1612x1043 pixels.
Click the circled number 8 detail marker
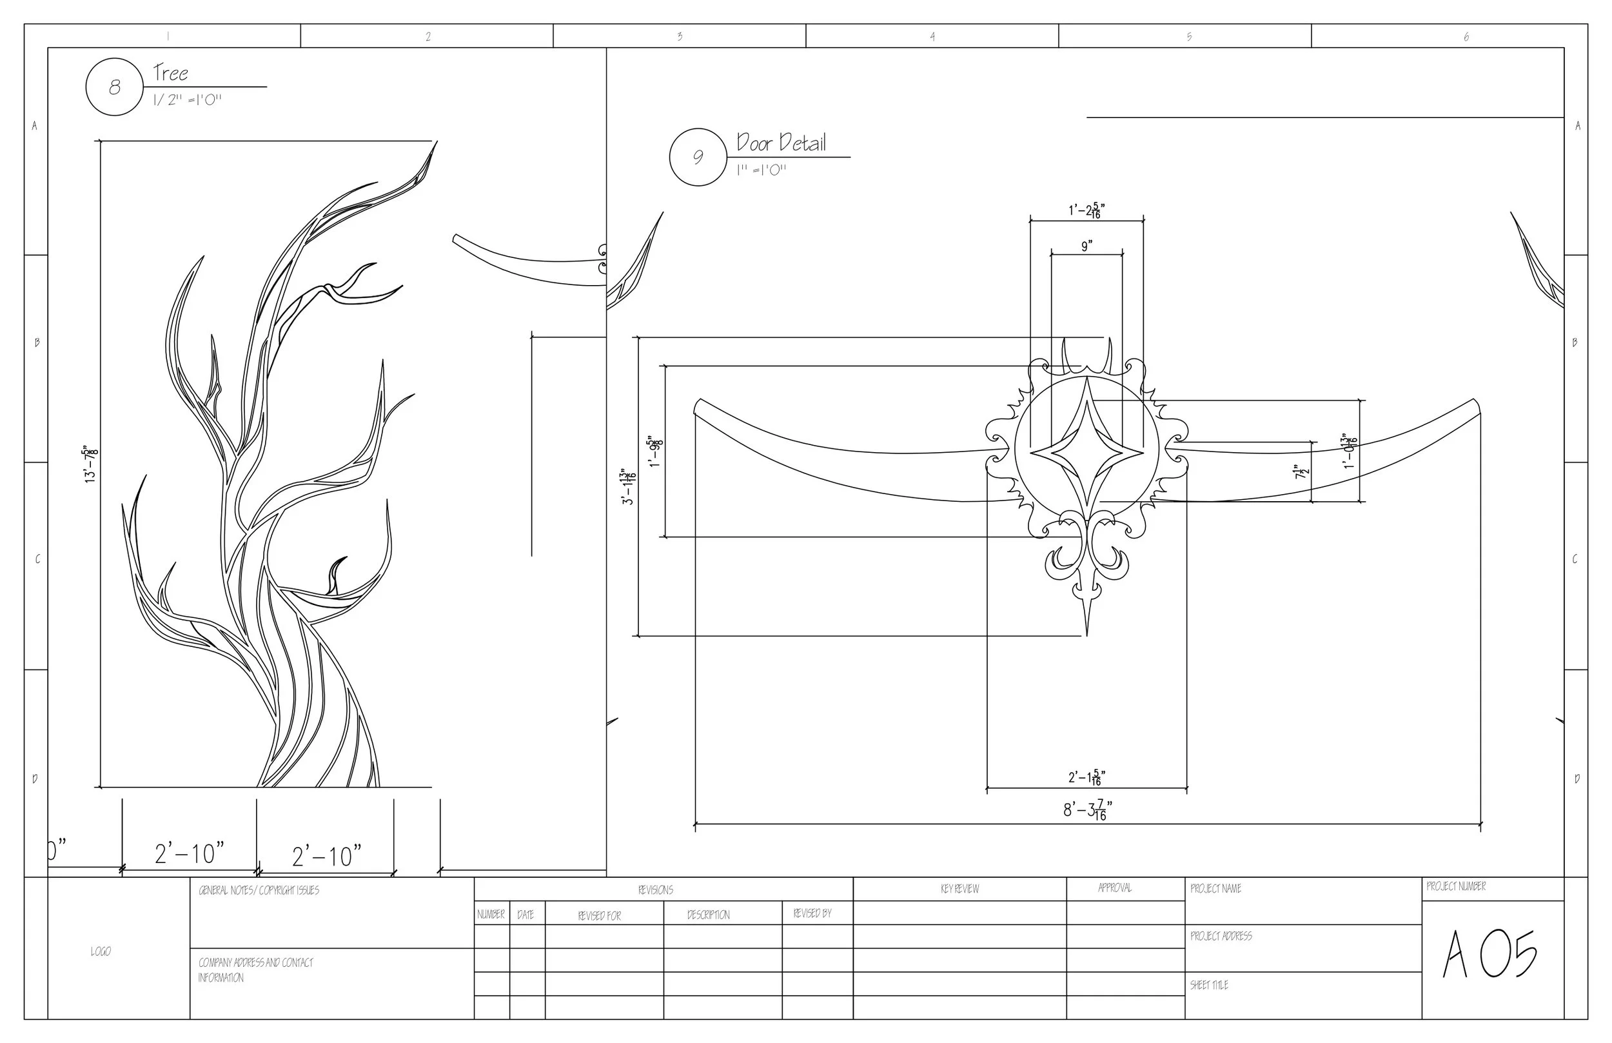coord(114,86)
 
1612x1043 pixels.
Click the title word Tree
coord(170,72)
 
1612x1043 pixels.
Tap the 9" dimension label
coord(1086,246)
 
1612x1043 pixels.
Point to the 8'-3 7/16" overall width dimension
coord(1086,810)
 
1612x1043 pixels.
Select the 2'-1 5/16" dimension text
coord(1086,777)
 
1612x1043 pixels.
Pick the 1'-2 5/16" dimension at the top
coord(1086,211)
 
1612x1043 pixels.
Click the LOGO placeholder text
coord(100,951)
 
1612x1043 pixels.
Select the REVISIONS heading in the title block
coord(655,890)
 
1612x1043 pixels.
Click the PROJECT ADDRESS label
coord(1221,936)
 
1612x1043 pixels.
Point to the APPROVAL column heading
coord(1114,888)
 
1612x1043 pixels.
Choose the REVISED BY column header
coord(812,913)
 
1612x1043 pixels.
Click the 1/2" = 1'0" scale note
coord(187,100)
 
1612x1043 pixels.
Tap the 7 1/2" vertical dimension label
coord(1301,472)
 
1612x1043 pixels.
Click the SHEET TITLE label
coord(1208,986)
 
